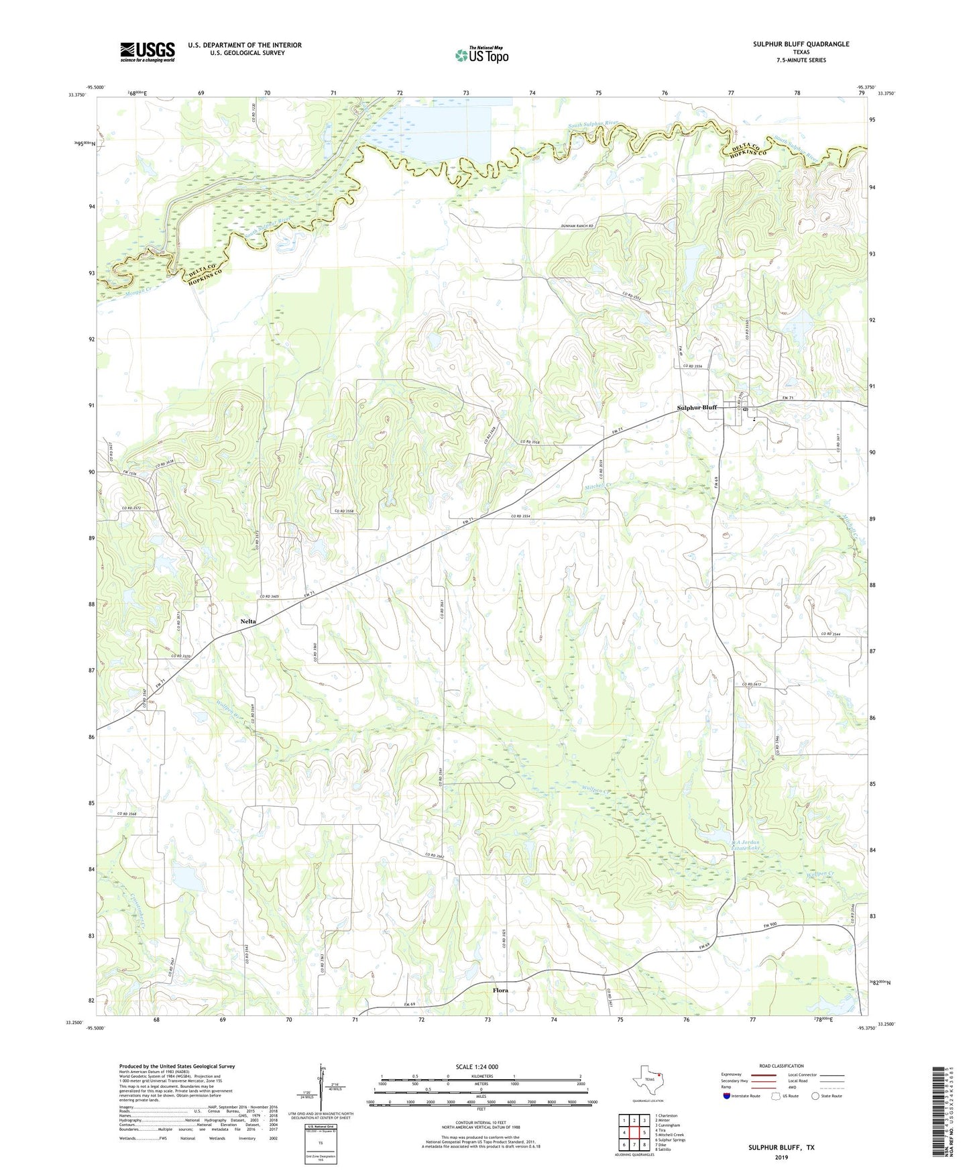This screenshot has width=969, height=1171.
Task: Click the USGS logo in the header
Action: pos(147,52)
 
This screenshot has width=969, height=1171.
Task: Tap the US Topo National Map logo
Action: pos(481,54)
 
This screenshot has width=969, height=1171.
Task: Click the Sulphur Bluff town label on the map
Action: pos(697,408)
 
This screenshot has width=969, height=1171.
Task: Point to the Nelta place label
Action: pos(248,622)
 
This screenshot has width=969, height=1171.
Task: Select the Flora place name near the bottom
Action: pos(500,990)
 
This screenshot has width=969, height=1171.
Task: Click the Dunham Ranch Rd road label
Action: pos(577,227)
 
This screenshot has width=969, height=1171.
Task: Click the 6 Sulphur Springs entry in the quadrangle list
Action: pos(670,1140)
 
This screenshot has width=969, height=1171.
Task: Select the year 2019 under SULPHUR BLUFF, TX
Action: pos(781,1157)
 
